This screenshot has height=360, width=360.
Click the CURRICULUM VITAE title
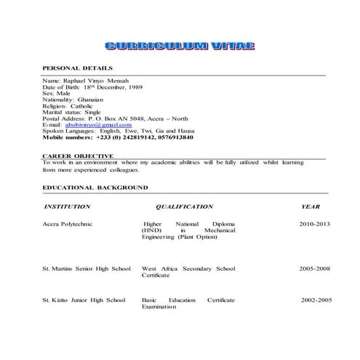180,47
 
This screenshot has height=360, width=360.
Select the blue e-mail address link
89,124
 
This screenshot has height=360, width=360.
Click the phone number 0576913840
172,137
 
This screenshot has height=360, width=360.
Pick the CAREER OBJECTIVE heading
78,156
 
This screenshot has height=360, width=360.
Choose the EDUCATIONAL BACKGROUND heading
95,188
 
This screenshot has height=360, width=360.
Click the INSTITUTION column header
68,207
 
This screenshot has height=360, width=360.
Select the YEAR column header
311,207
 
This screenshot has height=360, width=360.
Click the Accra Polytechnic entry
71,225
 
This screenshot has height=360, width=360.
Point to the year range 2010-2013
314,225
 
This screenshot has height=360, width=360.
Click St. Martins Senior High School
87,268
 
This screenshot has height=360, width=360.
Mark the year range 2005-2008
314,268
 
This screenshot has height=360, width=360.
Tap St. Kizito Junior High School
84,300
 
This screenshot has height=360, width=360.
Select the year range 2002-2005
316,300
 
